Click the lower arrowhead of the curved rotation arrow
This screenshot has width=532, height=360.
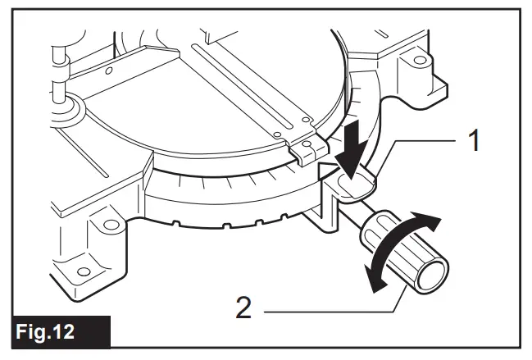(376, 281)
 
